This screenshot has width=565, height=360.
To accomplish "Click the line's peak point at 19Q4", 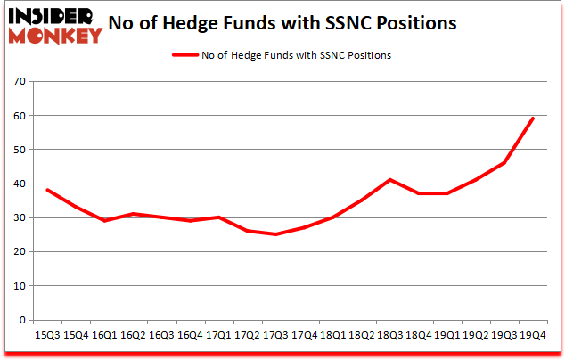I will (533, 119).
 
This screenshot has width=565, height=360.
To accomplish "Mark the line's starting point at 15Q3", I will (47, 190).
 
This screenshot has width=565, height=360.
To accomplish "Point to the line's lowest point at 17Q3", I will (275, 234).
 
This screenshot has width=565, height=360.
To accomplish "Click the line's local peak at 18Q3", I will (390, 180).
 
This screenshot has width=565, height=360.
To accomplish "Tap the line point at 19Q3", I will (504, 163).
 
